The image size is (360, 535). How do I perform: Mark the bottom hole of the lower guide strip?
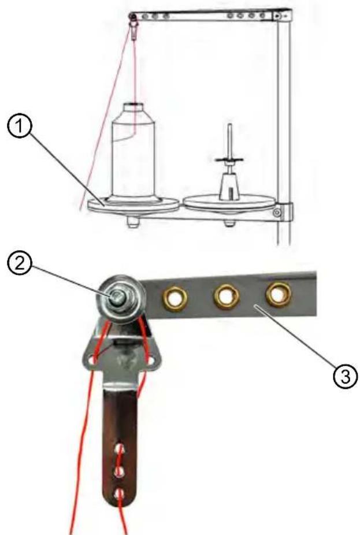pos(119,493)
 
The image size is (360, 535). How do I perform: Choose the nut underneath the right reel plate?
pos(229,219)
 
